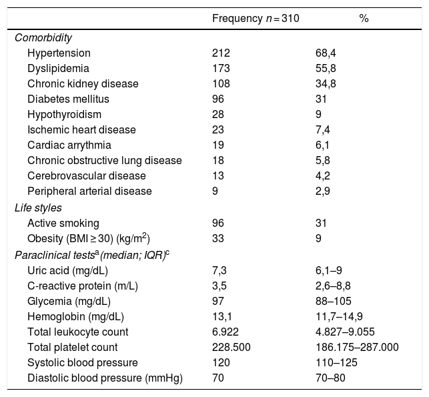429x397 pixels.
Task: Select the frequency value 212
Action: [221, 53]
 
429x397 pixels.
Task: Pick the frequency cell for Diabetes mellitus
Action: [218, 99]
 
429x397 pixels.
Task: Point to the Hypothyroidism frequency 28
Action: [218, 114]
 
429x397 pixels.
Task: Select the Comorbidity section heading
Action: [43, 37]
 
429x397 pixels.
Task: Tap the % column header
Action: [364, 19]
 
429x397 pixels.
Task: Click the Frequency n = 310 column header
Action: [255, 19]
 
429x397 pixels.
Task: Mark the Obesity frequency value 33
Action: [218, 239]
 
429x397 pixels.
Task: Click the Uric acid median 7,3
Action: [219, 270]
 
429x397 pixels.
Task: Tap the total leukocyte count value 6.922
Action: [224, 332]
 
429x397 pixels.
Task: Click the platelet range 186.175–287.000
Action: [357, 347]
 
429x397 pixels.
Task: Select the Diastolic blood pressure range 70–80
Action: [330, 378]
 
